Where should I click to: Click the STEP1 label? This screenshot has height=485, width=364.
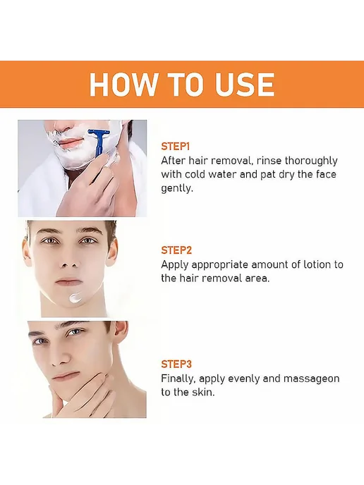[x=175, y=147]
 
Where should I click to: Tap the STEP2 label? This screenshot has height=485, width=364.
[x=176, y=250]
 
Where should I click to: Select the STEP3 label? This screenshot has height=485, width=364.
[x=176, y=364]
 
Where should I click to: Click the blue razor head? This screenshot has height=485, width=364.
[x=99, y=133]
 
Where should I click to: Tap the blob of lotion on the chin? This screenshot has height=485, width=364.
[x=75, y=297]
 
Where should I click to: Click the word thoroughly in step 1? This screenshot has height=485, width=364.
[x=311, y=161]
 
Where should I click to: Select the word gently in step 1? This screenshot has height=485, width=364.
[x=177, y=188]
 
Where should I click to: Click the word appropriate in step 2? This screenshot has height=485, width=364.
[x=220, y=265]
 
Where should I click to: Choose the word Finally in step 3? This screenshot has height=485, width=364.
[x=178, y=379]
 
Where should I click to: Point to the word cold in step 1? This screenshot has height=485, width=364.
[x=195, y=174]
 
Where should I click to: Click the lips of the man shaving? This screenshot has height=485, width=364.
[x=71, y=142]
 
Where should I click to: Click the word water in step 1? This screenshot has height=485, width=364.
[x=222, y=174]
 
